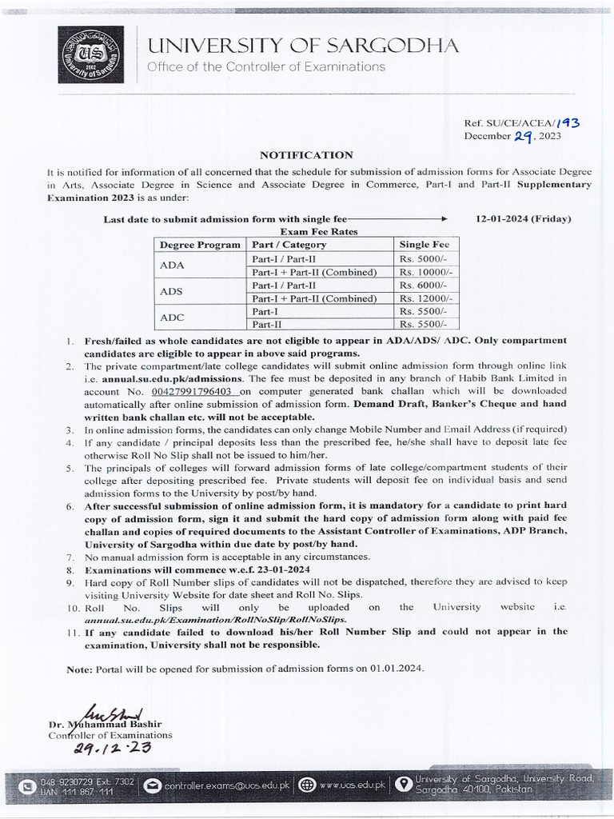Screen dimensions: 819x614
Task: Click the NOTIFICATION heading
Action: coord(306,154)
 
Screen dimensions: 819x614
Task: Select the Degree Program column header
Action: coord(199,245)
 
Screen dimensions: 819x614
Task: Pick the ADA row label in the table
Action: coord(172,265)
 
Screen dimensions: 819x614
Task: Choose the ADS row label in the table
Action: coord(172,291)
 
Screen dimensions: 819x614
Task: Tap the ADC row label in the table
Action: coord(172,318)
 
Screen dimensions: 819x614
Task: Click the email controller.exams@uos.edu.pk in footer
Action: coord(226,786)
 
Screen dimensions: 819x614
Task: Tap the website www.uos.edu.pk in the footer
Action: coord(352,785)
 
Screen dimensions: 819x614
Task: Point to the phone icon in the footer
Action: coord(28,785)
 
